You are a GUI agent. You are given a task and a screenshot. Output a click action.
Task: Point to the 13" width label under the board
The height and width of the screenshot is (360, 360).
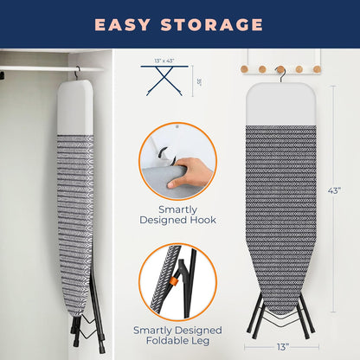click(282, 347)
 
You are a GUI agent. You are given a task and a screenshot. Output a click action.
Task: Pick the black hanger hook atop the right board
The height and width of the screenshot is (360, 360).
click(280, 70)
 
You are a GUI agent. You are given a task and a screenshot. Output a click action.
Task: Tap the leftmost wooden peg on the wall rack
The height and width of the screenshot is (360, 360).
click(247, 67)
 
